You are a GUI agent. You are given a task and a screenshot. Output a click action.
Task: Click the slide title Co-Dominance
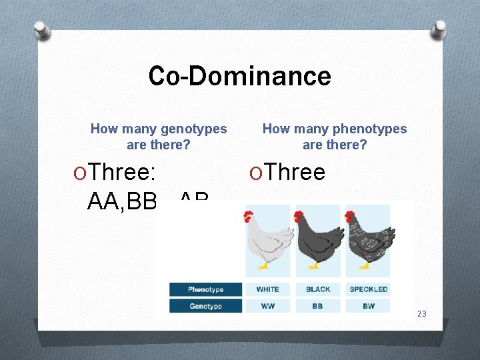(239, 76)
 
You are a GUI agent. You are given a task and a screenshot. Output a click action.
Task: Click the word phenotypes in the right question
(370, 129)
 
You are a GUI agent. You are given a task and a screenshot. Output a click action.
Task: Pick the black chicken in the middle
(318, 239)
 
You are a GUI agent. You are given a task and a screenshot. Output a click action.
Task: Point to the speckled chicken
(369, 239)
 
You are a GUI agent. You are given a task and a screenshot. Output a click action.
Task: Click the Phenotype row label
(205, 289)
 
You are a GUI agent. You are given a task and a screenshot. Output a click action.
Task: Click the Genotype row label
(205, 306)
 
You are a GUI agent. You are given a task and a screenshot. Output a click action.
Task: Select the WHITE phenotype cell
(268, 289)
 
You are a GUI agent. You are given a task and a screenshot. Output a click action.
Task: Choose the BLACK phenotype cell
(318, 289)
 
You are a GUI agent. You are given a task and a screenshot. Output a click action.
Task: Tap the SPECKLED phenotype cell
(369, 289)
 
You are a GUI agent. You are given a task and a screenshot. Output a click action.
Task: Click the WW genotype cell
(268, 306)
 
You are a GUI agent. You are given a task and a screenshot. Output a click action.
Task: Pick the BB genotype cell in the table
(318, 306)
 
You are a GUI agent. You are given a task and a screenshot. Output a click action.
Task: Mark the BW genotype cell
(369, 306)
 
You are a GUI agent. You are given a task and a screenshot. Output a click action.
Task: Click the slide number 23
(421, 314)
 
